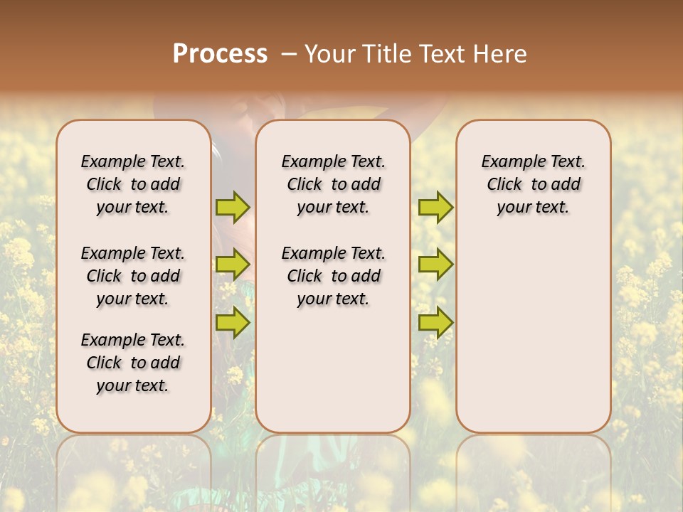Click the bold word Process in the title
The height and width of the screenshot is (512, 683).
pos(220,54)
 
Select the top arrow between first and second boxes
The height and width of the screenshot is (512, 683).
pos(233,207)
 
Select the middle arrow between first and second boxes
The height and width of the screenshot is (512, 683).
pos(233,265)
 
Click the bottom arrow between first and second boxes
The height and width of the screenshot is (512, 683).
pos(233,322)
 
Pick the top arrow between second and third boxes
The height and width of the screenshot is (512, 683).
pos(435,207)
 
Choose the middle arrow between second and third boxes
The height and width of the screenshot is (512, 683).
pos(435,265)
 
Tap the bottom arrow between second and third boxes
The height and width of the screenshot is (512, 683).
pos(435,322)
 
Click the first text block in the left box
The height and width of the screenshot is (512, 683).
pos(133,184)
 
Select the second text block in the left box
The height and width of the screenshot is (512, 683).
pos(133,276)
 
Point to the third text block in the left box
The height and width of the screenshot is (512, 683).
pos(133,363)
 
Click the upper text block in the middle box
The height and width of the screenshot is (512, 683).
pos(333,184)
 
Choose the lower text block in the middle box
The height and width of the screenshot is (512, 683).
pos(333,276)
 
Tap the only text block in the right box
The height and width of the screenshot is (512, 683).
pos(534,184)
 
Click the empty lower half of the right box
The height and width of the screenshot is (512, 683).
pos(534,341)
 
